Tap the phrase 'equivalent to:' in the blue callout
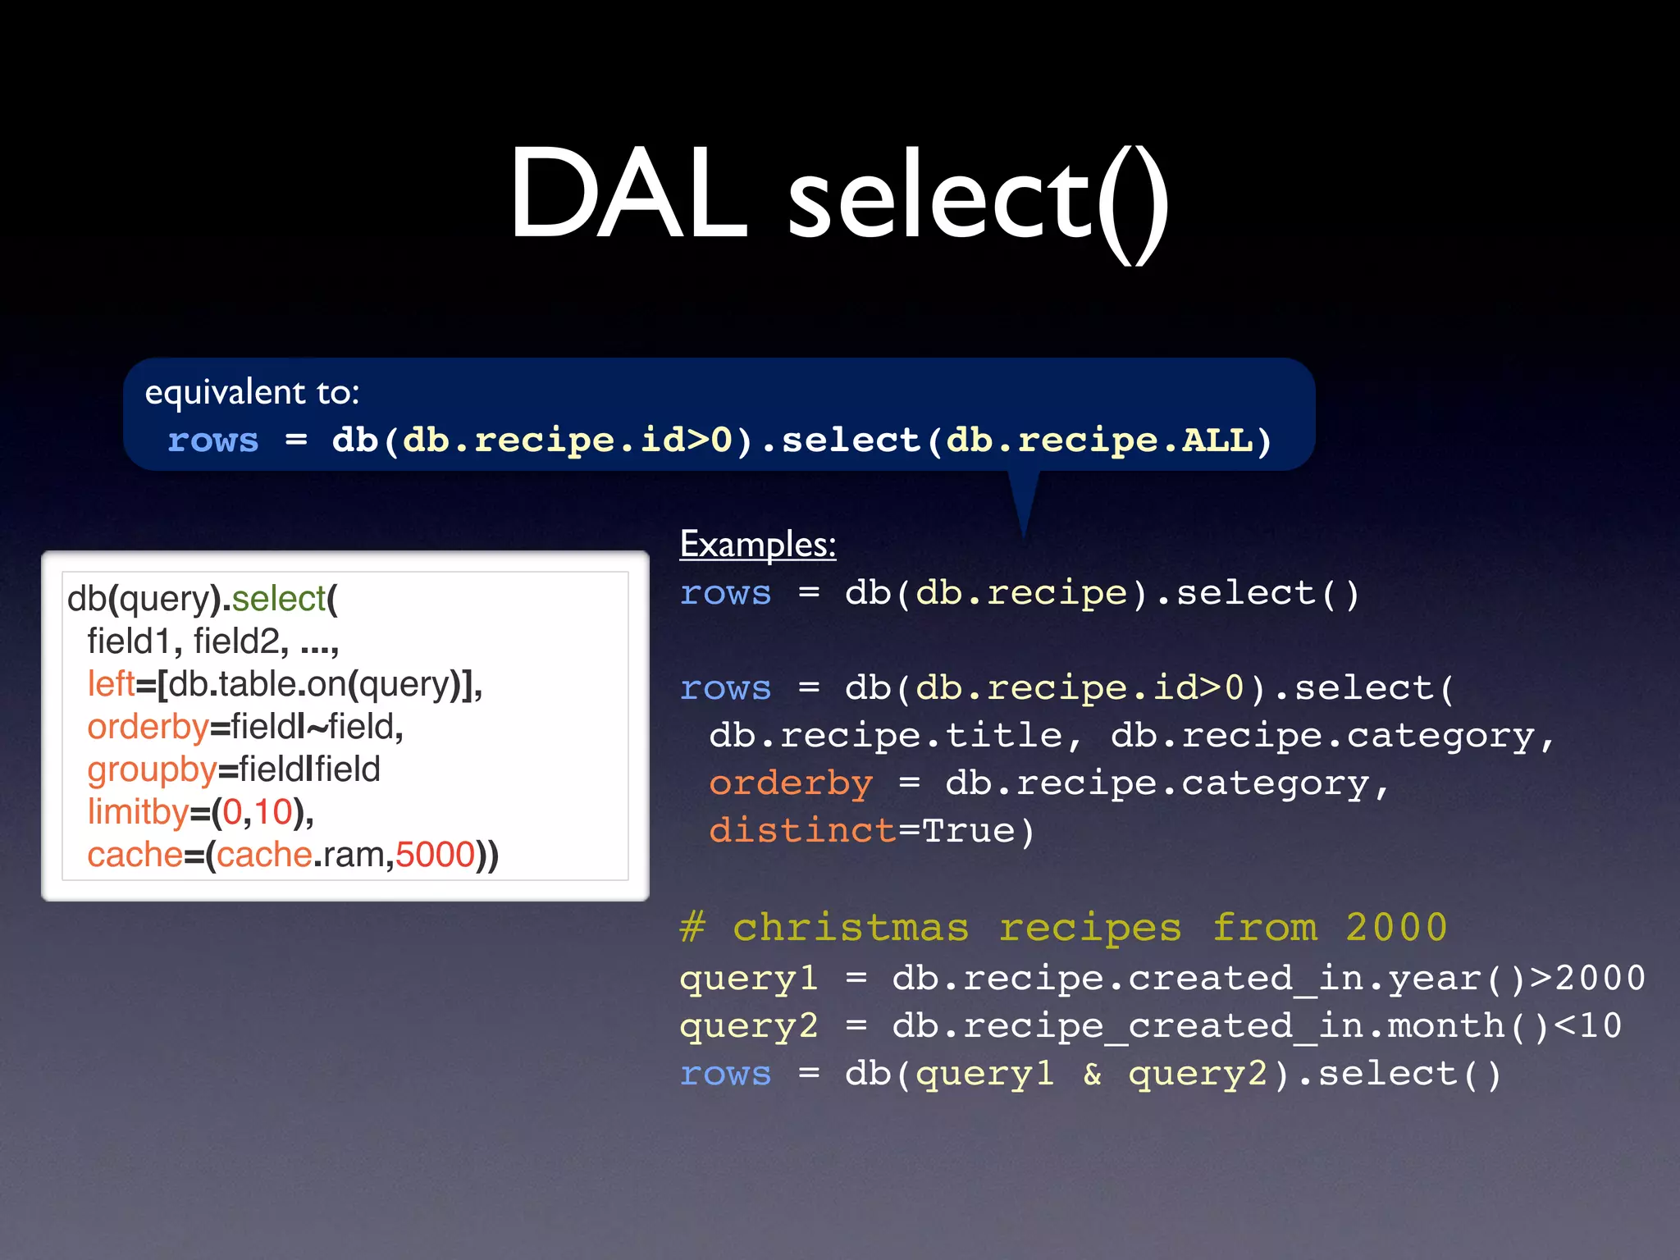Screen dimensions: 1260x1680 pyautogui.click(x=252, y=392)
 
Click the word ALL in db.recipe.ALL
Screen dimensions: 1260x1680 pyautogui.click(x=1217, y=441)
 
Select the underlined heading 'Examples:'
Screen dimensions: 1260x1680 pyautogui.click(x=758, y=545)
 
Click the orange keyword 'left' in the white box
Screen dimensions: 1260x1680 pyautogui.click(x=111, y=684)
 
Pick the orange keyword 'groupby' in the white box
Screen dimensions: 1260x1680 pyautogui.click(x=152, y=769)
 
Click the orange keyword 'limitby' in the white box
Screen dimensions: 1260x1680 pyautogui.click(x=138, y=812)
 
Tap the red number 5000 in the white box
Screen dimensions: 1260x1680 pyautogui.click(x=435, y=855)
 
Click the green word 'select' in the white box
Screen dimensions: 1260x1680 pyautogui.click(x=279, y=599)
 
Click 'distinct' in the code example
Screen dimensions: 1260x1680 pyautogui.click(x=801, y=831)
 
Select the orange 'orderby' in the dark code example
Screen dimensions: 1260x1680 pyautogui.click(x=791, y=783)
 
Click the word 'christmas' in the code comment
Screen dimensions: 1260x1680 pyautogui.click(x=851, y=929)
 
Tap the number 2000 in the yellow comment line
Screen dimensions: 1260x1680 pyautogui.click(x=1396, y=929)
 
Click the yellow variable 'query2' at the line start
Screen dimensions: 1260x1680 pyautogui.click(x=748, y=1026)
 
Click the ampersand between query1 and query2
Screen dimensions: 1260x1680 pyautogui.click(x=1092, y=1074)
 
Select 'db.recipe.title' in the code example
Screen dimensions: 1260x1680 pyautogui.click(x=886, y=736)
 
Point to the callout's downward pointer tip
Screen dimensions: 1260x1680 pyautogui.click(x=1024, y=533)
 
